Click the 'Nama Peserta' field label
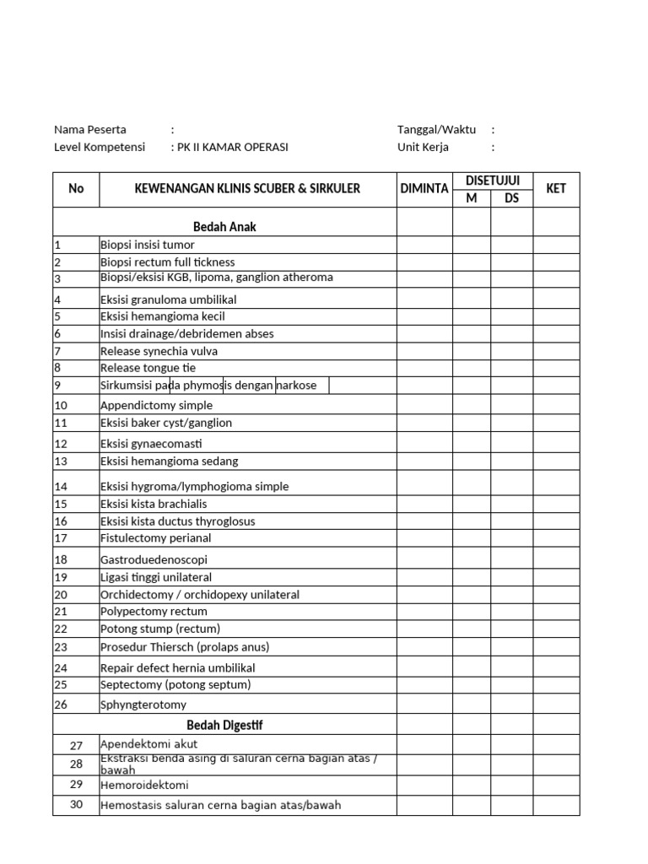(90, 130)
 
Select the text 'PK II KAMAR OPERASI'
(232, 147)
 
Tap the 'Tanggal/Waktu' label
(436, 130)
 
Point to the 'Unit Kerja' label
(423, 147)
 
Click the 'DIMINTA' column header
(424, 189)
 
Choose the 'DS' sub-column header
(511, 198)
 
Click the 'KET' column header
(556, 189)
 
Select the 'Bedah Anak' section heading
(224, 226)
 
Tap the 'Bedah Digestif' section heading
(224, 725)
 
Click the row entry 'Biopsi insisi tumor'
(148, 245)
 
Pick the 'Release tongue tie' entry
(140, 368)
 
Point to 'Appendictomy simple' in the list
(156, 405)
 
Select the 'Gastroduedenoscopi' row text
(154, 559)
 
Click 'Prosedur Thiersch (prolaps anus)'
(185, 647)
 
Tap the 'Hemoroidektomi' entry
(144, 785)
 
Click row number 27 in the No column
(76, 745)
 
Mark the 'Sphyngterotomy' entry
(143, 705)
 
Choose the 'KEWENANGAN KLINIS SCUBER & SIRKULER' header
(247, 189)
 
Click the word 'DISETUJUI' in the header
(493, 181)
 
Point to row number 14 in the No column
(60, 487)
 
